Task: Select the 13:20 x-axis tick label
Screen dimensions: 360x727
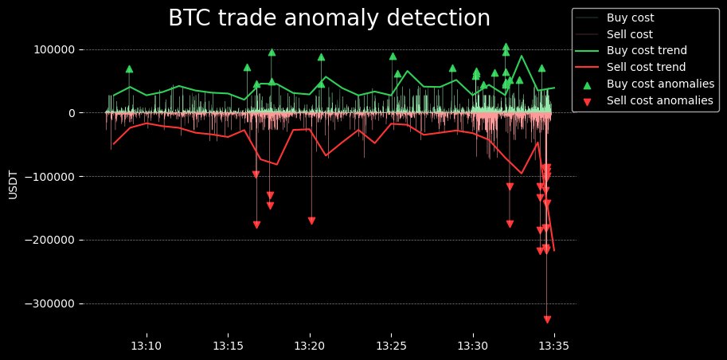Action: coord(310,346)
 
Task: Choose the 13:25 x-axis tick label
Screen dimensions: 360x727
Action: coord(391,346)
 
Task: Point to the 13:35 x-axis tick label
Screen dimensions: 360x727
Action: coord(553,346)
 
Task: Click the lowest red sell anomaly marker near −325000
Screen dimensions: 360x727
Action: coord(547,319)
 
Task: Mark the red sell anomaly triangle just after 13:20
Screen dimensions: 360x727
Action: coord(311,221)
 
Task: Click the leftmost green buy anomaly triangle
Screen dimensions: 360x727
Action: coord(129,69)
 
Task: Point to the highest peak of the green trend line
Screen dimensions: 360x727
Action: coord(522,56)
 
